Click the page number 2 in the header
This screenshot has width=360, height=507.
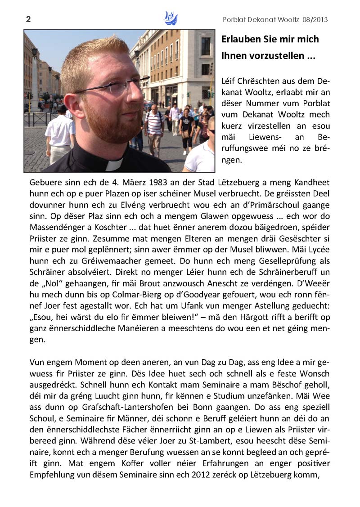pyautogui.click(x=28, y=19)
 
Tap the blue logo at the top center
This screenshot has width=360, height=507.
pyautogui.click(x=171, y=19)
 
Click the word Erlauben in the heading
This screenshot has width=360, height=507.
pyautogui.click(x=242, y=39)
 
